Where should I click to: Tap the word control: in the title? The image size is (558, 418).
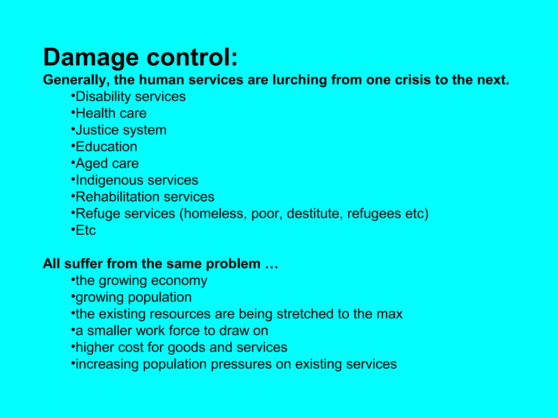pyautogui.click(x=192, y=57)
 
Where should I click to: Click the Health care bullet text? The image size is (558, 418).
pyautogui.click(x=111, y=113)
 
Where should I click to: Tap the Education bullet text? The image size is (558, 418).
pyautogui.click(x=106, y=147)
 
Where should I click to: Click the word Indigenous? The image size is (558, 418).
pyautogui.click(x=110, y=180)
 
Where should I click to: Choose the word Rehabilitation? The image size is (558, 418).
pyautogui.click(x=117, y=197)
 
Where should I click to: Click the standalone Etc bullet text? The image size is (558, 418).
pyautogui.click(x=86, y=230)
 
